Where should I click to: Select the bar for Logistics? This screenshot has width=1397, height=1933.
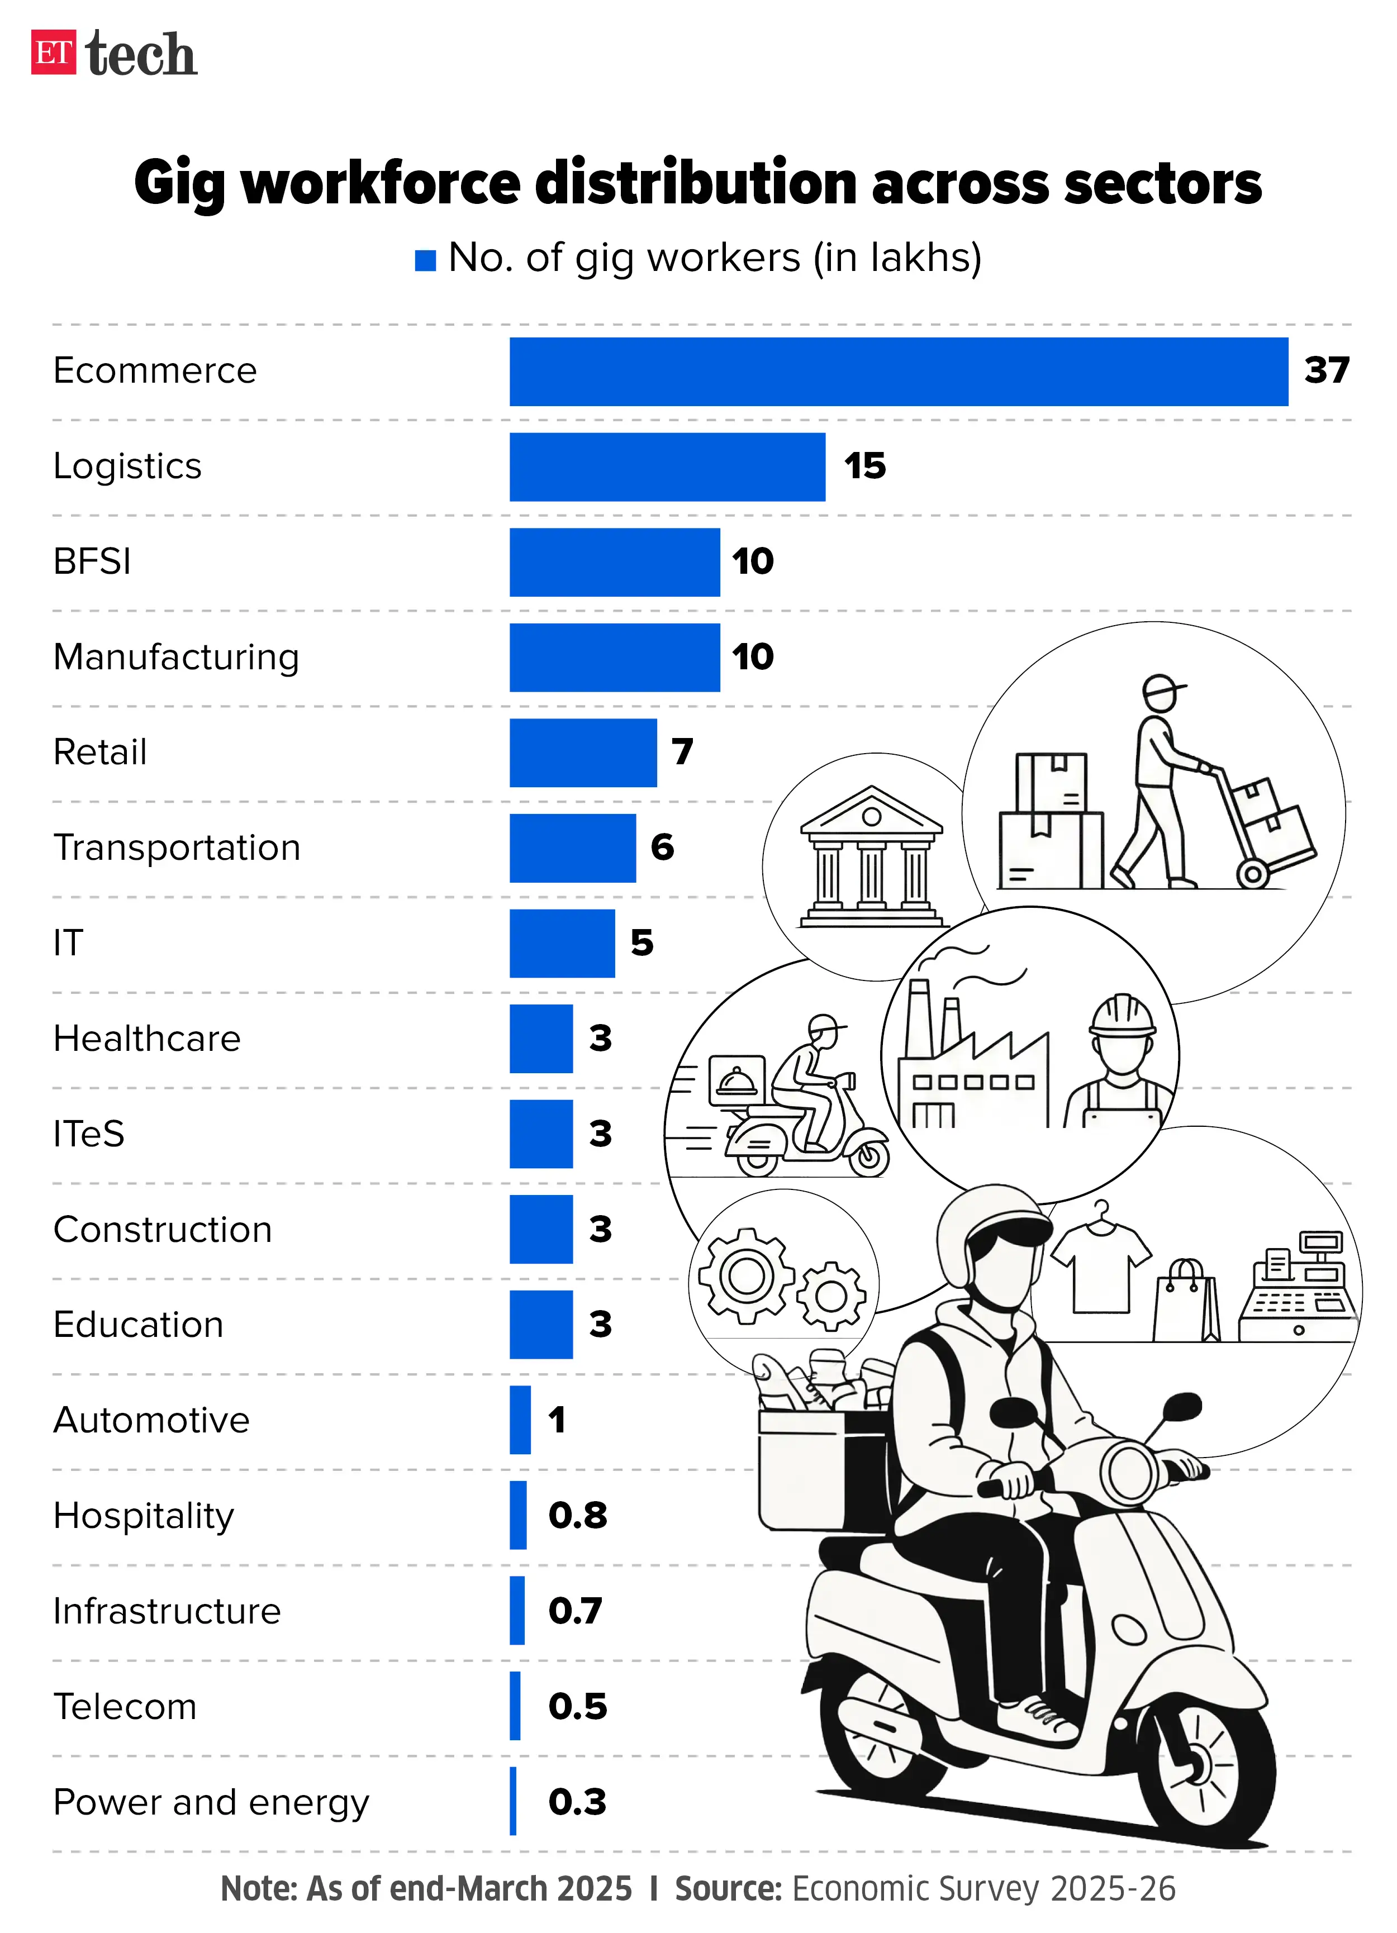click(x=667, y=467)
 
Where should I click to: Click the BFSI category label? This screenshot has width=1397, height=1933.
click(x=92, y=561)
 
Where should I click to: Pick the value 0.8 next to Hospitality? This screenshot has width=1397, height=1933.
click(x=577, y=1515)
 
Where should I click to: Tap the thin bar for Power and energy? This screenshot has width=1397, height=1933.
click(x=513, y=1802)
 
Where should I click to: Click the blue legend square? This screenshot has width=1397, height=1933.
click(x=425, y=261)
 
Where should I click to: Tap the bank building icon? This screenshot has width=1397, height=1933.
click(x=871, y=856)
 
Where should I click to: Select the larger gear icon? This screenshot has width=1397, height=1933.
click(x=747, y=1276)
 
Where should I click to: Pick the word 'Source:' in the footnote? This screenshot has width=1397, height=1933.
click(x=728, y=1889)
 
